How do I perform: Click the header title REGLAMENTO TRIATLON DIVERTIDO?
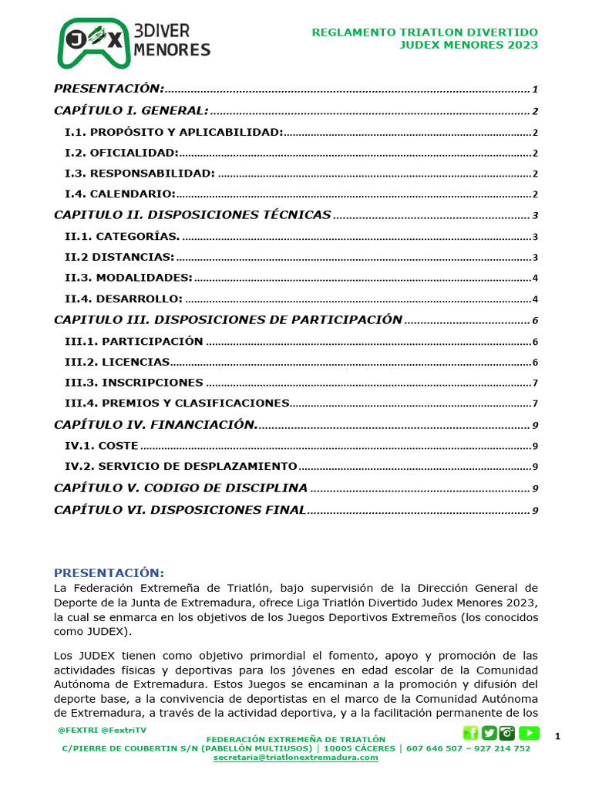click(x=424, y=32)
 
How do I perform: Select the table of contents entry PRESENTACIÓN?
click(x=109, y=89)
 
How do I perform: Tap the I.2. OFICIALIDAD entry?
click(x=122, y=153)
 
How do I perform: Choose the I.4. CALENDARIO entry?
click(x=120, y=194)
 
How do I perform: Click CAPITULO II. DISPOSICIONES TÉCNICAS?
click(x=193, y=215)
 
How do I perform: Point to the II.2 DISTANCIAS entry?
click(x=119, y=257)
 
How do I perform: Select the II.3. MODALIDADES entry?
click(x=129, y=278)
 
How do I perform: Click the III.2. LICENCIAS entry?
click(x=117, y=362)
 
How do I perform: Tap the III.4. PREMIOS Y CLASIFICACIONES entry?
click(x=177, y=403)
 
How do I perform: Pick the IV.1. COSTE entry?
click(x=102, y=446)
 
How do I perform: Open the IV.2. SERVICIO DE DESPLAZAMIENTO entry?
click(x=181, y=467)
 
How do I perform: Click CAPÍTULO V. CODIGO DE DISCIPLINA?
click(x=181, y=488)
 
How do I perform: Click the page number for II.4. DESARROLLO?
click(x=535, y=299)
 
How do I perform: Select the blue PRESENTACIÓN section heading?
click(x=109, y=572)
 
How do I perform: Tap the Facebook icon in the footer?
click(x=470, y=733)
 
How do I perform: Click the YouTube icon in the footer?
click(x=530, y=733)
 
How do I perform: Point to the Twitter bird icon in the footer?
click(x=489, y=733)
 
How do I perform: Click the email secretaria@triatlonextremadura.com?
click(x=296, y=758)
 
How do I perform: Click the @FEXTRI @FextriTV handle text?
click(x=102, y=730)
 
